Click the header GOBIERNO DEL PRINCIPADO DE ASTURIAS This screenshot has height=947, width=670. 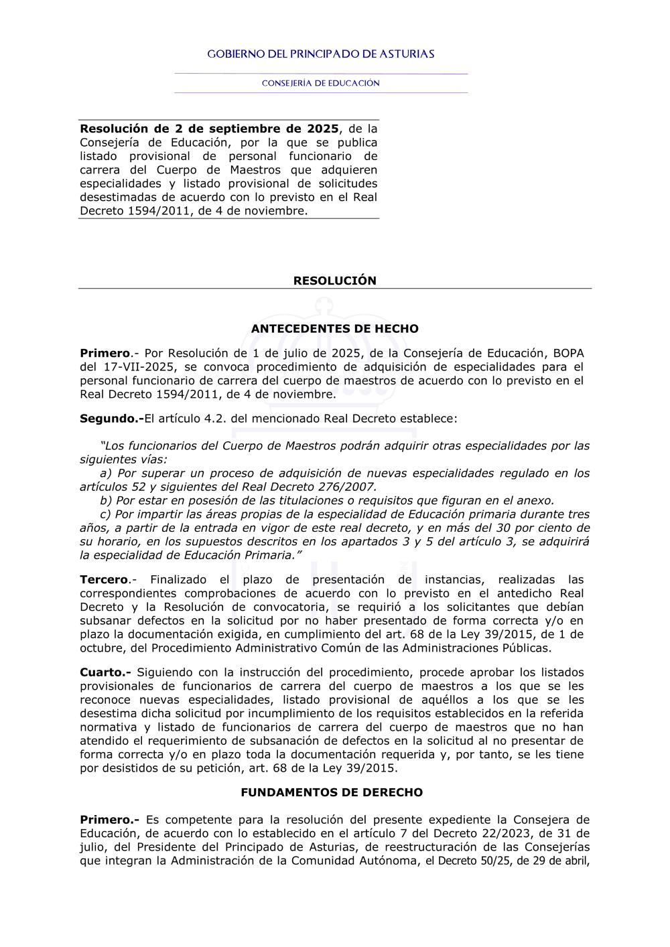pos(321,54)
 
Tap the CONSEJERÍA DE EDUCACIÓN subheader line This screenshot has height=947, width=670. pos(321,84)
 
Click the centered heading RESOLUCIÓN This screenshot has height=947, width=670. pos(334,281)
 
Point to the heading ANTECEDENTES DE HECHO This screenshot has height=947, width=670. pos(334,329)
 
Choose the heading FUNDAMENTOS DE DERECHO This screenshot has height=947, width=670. pos(332,792)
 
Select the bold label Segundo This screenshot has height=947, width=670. pos(111,419)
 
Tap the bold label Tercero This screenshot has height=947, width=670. pos(105,579)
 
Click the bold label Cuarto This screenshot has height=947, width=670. pos(104,672)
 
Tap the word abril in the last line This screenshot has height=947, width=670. pos(575,861)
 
